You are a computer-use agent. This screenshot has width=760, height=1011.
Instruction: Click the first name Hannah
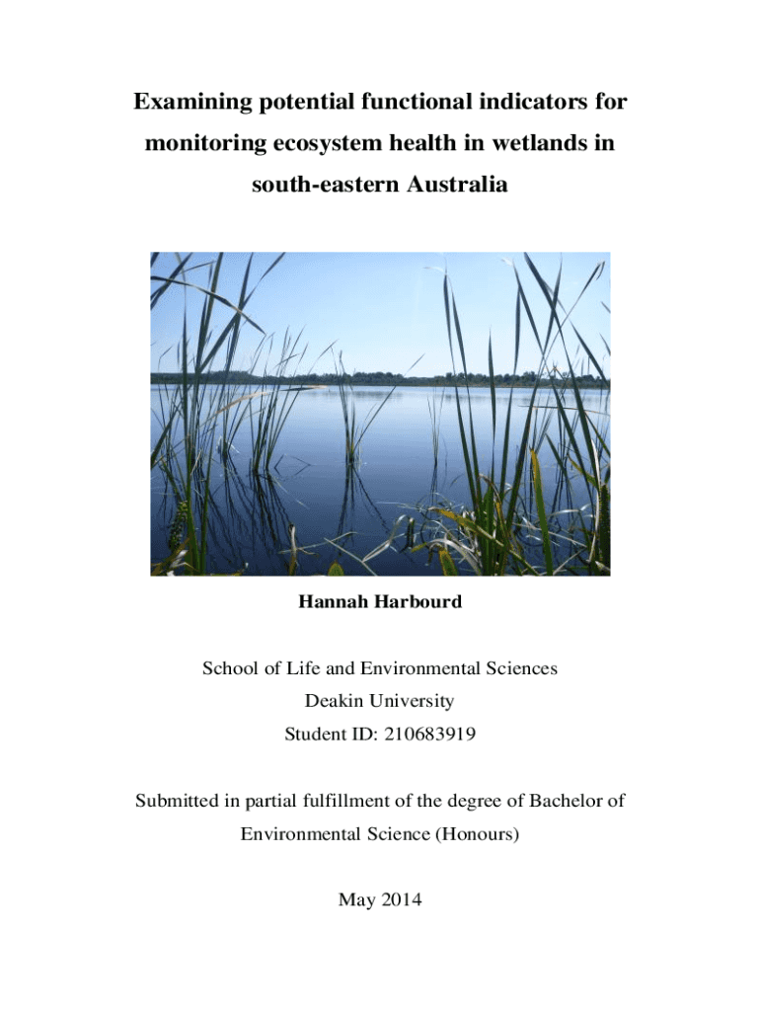(x=334, y=601)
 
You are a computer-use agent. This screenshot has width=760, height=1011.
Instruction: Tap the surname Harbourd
(x=418, y=601)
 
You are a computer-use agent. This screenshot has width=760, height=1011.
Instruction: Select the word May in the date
(x=355, y=899)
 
